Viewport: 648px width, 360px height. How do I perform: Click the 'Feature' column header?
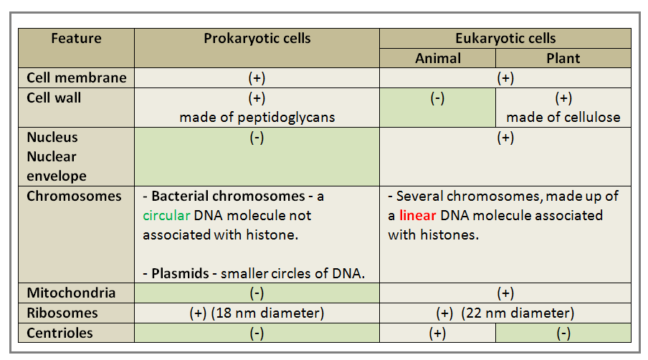pos(76,39)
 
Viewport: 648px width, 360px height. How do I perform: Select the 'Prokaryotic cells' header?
pos(257,39)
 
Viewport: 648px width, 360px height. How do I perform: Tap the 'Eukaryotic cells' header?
pos(505,39)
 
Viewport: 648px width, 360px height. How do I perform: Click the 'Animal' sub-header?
pos(438,59)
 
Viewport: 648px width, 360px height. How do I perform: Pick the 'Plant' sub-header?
pos(563,59)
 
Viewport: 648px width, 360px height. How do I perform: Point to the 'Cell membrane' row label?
pos(77,78)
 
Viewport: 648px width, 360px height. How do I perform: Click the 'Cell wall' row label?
pos(54,98)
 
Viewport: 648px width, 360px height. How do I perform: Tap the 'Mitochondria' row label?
pos(71,293)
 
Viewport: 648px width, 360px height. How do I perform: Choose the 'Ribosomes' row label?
pos(62,313)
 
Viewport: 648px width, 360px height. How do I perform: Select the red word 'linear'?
pos(418,215)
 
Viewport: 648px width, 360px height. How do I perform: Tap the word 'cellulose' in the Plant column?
pos(592,118)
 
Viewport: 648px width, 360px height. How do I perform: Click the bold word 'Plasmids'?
pos(177,273)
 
